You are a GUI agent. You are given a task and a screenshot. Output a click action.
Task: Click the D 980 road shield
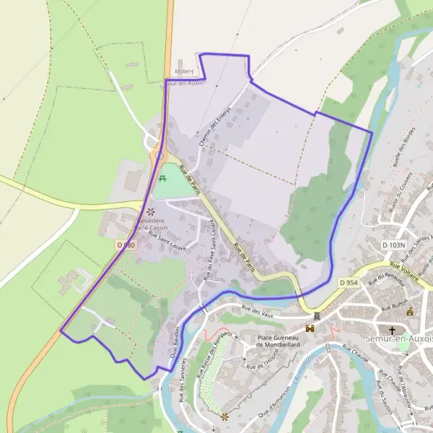[126, 245]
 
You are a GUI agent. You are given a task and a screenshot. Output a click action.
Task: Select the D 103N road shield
[394, 245]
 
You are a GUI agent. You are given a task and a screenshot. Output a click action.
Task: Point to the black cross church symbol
[392, 331]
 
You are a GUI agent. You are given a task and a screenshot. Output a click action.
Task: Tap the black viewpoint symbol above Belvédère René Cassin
[151, 211]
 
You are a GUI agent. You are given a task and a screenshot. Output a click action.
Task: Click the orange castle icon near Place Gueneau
[311, 328]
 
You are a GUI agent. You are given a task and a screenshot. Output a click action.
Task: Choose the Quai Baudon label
[174, 336]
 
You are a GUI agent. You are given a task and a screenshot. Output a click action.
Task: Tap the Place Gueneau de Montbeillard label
[278, 340]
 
